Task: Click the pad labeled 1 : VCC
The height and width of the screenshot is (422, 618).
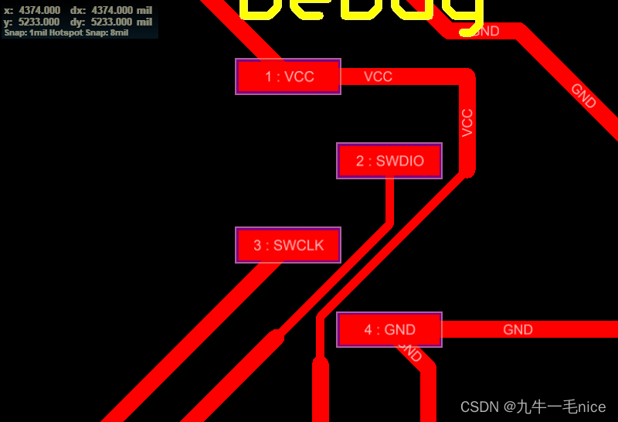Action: [x=288, y=77]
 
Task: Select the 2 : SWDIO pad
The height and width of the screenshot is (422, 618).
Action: [x=389, y=161]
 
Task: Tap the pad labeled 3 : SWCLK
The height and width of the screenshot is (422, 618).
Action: [x=288, y=245]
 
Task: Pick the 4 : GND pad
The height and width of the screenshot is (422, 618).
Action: [x=389, y=329]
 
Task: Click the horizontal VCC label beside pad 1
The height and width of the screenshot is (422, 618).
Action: [x=378, y=77]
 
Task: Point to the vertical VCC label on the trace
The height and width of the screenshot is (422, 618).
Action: [x=467, y=123]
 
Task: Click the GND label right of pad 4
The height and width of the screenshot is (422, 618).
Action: [x=518, y=329]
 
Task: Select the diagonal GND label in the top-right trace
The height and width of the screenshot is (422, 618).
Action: [x=583, y=95]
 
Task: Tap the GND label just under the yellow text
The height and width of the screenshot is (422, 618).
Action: [x=485, y=32]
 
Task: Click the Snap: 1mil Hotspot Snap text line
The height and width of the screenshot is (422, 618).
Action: [x=66, y=33]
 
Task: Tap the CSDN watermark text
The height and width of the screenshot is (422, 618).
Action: [x=533, y=407]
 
